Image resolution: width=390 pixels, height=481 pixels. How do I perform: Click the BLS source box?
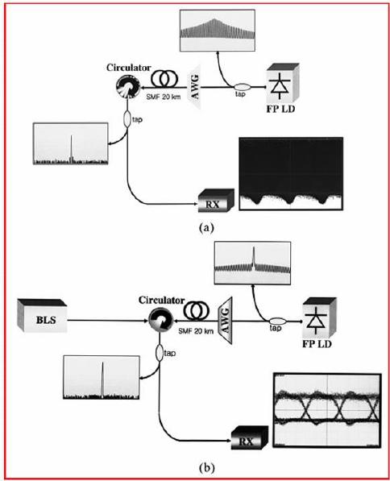(x=42, y=315)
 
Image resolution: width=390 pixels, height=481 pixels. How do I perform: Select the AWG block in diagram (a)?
(x=195, y=86)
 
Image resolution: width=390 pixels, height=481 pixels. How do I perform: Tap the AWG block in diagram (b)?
(x=225, y=320)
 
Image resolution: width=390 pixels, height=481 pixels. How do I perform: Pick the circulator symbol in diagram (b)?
(x=160, y=320)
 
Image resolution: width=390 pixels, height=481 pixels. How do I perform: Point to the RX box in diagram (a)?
(x=216, y=201)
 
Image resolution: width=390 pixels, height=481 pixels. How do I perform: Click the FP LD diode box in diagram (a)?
(x=283, y=83)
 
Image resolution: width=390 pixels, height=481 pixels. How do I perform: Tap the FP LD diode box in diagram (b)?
(x=319, y=317)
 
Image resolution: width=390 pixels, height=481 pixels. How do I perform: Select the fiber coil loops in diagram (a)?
(x=164, y=78)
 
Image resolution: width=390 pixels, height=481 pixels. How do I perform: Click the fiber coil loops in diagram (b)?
(x=197, y=311)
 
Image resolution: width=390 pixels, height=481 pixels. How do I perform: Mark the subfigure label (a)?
(x=206, y=228)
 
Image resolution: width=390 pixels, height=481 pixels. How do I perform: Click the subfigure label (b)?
(x=207, y=468)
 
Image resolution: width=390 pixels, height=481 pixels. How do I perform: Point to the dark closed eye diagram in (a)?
(x=291, y=173)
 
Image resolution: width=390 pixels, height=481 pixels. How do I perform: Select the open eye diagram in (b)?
(x=327, y=410)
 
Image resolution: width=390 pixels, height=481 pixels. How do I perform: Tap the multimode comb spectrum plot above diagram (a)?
(x=218, y=30)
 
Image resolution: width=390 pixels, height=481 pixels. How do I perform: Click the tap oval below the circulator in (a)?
(x=127, y=118)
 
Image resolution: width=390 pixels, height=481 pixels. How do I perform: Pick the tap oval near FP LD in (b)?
(x=278, y=321)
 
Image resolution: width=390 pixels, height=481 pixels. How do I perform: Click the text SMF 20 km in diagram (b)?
(x=196, y=331)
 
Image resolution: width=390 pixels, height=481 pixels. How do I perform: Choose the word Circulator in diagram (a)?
(x=129, y=68)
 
